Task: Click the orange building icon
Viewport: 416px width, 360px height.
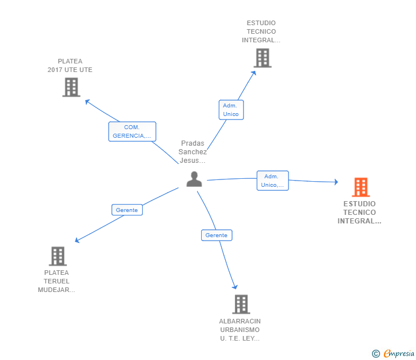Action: [x=361, y=187]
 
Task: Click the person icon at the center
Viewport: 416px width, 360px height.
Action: [x=194, y=179]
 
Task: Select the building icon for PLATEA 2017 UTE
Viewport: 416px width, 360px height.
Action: [x=71, y=87]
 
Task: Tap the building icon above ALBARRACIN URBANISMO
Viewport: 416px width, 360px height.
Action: [x=241, y=304]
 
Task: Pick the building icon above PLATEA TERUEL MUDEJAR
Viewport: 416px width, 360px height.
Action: [x=58, y=256]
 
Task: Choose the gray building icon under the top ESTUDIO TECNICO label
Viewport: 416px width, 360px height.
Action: [x=262, y=58]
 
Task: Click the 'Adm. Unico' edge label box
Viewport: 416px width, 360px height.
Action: [x=231, y=110]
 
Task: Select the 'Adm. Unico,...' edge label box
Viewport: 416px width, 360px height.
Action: [x=273, y=181]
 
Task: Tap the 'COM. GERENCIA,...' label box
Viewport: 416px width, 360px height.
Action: [x=132, y=131]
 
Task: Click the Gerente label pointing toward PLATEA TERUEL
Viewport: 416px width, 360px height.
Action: [x=127, y=210]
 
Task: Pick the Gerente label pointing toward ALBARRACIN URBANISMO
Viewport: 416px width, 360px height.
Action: [x=217, y=235]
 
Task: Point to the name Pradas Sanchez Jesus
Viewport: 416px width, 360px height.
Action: [x=193, y=152]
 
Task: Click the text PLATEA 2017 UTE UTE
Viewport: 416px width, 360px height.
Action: [x=70, y=66]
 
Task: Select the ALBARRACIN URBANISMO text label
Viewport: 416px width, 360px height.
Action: [x=240, y=330]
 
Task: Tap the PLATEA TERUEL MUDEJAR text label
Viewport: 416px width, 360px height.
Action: [x=57, y=281]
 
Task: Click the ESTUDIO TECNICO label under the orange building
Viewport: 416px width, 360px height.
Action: [x=359, y=213]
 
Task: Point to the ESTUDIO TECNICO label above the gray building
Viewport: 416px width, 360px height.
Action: [x=261, y=32]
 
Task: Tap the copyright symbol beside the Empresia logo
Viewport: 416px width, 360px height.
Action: [x=376, y=354]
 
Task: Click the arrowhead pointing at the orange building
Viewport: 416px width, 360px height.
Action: [x=336, y=182]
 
